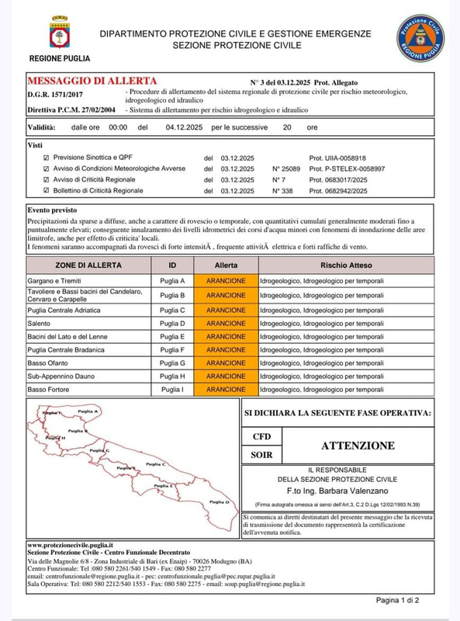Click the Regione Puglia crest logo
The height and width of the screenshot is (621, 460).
[x=59, y=33]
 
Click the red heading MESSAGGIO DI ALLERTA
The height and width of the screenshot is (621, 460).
[x=92, y=81]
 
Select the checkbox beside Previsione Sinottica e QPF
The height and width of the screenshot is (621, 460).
[x=47, y=157]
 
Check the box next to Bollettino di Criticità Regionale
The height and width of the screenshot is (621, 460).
[x=47, y=190]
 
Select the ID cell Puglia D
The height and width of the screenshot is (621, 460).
[x=171, y=323]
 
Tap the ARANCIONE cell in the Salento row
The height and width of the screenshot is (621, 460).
[x=226, y=323]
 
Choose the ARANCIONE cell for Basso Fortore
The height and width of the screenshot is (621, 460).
[x=226, y=389]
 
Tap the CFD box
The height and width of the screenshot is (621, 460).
[x=262, y=437]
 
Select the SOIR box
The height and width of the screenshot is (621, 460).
[x=262, y=455]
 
